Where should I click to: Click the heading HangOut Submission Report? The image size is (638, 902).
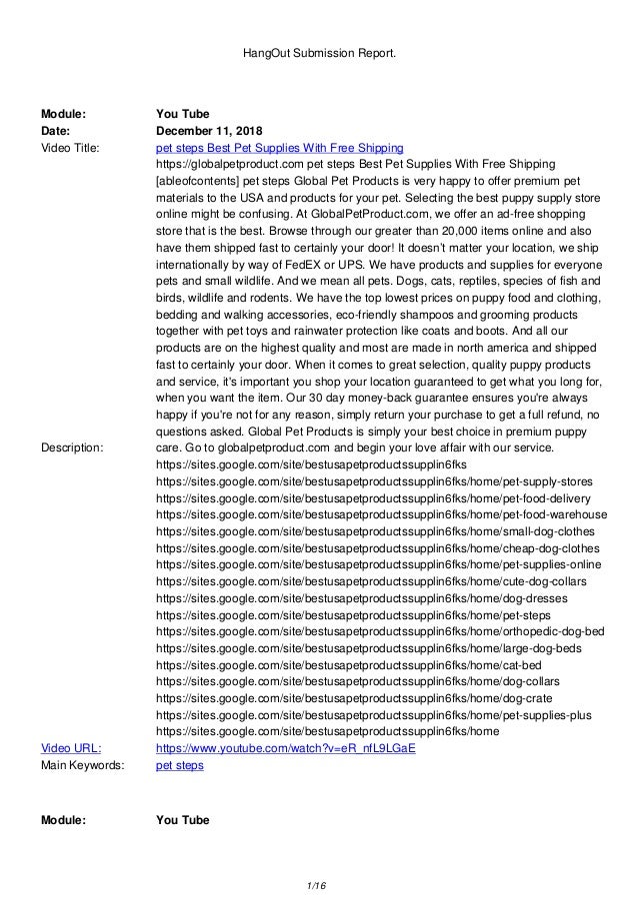pyautogui.click(x=319, y=44)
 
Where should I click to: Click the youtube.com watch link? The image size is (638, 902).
pyautogui.click(x=286, y=747)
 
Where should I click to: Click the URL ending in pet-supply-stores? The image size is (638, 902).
pyautogui.click(x=375, y=481)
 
